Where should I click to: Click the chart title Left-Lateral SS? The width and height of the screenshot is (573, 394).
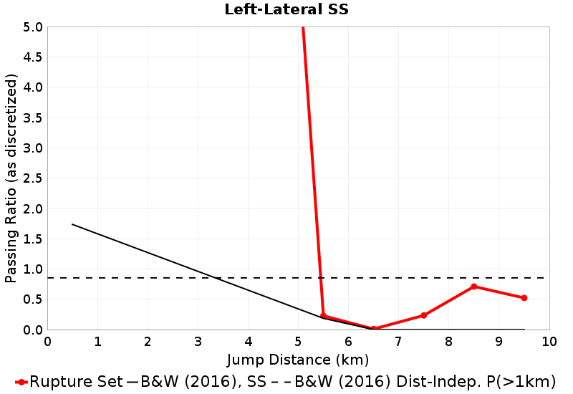coord(286,9)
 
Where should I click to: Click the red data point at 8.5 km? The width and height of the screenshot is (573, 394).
coord(474,287)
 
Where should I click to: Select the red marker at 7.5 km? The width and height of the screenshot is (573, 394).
coord(424,315)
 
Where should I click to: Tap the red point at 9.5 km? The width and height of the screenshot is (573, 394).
coord(524,298)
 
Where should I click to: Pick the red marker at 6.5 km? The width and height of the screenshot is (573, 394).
coord(374,329)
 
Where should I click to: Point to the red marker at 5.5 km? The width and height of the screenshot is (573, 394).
coord(324,315)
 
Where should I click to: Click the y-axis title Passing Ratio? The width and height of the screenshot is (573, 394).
coord(11,178)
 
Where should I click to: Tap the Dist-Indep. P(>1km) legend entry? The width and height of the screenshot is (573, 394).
coord(423,381)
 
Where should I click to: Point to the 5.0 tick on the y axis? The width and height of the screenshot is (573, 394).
coord(33,27)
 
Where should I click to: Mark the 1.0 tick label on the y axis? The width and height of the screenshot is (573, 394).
coord(33,269)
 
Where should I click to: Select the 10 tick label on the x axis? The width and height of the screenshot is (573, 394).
coord(549,340)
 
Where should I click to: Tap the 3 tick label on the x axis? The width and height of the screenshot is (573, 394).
coord(198,340)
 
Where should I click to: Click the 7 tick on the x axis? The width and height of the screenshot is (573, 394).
coord(399,340)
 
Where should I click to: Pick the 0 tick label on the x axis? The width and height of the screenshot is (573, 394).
coord(48,340)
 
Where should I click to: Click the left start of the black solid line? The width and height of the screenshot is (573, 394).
coord(73,224)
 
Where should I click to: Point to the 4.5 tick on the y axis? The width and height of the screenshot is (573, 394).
coord(33,57)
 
